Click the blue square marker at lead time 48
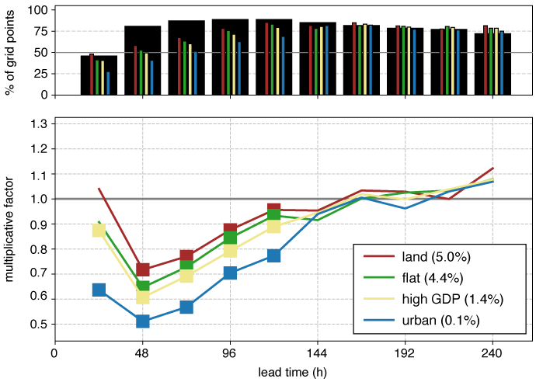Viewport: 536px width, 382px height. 142,321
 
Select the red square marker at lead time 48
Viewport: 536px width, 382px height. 142,270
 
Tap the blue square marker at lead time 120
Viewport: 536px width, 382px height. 273,255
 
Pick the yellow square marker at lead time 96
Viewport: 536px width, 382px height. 230,250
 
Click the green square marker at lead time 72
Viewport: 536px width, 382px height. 186,265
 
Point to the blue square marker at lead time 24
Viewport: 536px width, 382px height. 99,290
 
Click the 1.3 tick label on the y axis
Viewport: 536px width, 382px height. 37,124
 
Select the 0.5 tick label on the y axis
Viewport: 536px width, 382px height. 37,324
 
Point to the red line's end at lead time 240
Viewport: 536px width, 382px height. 492,168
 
